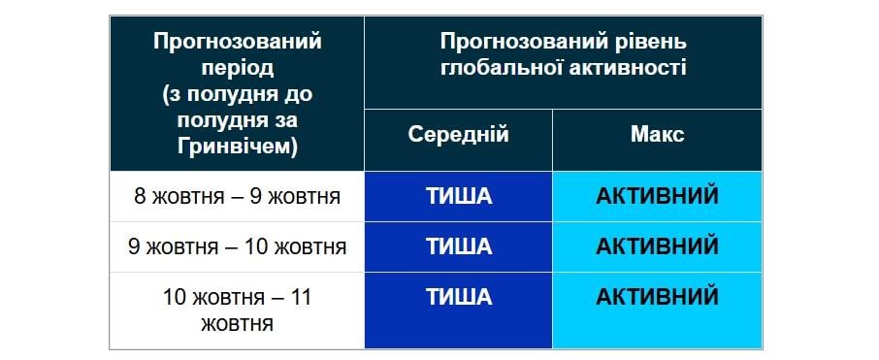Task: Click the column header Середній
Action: [x=458, y=135]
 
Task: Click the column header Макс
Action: [x=657, y=135]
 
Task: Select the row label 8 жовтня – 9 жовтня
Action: [x=237, y=197]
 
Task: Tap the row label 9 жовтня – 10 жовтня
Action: [x=237, y=246]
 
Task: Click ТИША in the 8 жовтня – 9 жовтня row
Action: [x=459, y=197]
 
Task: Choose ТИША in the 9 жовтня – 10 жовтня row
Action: [x=459, y=246]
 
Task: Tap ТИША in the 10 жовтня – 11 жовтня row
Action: [x=459, y=296]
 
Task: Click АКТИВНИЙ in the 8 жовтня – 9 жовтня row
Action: [x=657, y=197]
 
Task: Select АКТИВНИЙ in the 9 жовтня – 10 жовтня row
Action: [x=657, y=246]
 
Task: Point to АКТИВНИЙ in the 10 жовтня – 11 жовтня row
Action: [x=657, y=296]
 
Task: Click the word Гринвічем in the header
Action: [x=232, y=147]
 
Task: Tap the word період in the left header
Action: [x=238, y=69]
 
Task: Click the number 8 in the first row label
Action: [x=140, y=197]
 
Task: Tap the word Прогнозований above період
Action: [x=237, y=43]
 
